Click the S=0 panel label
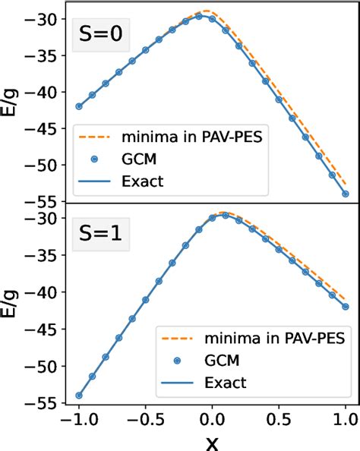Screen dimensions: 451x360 point(100,36)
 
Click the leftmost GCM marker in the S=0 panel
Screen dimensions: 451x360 point(79,106)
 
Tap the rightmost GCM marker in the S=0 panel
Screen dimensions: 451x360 point(346,194)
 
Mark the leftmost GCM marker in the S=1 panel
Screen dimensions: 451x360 point(79,395)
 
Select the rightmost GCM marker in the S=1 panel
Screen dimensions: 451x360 point(346,307)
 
